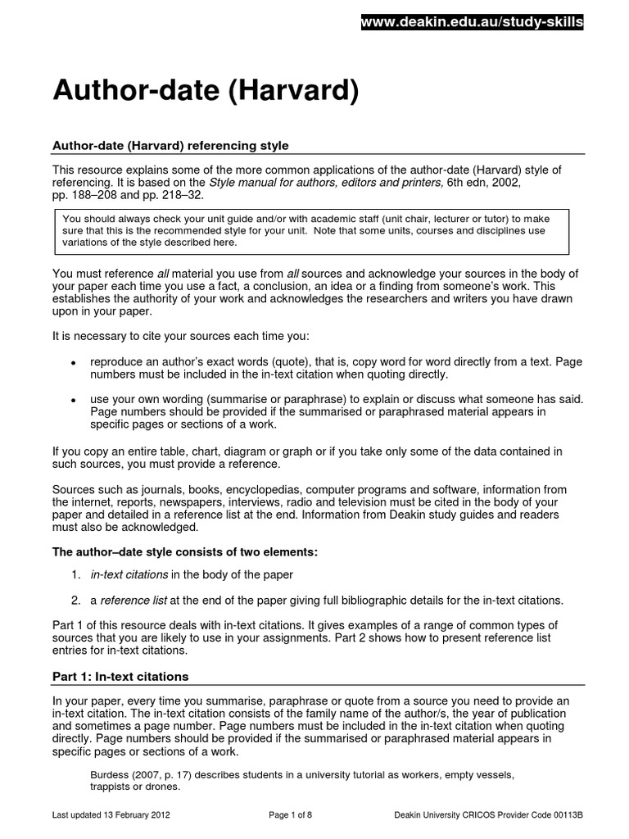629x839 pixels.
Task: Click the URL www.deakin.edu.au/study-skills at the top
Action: [473, 22]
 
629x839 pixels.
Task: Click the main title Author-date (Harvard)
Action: [206, 92]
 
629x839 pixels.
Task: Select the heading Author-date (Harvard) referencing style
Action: [170, 146]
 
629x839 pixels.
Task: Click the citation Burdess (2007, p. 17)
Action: [141, 774]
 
